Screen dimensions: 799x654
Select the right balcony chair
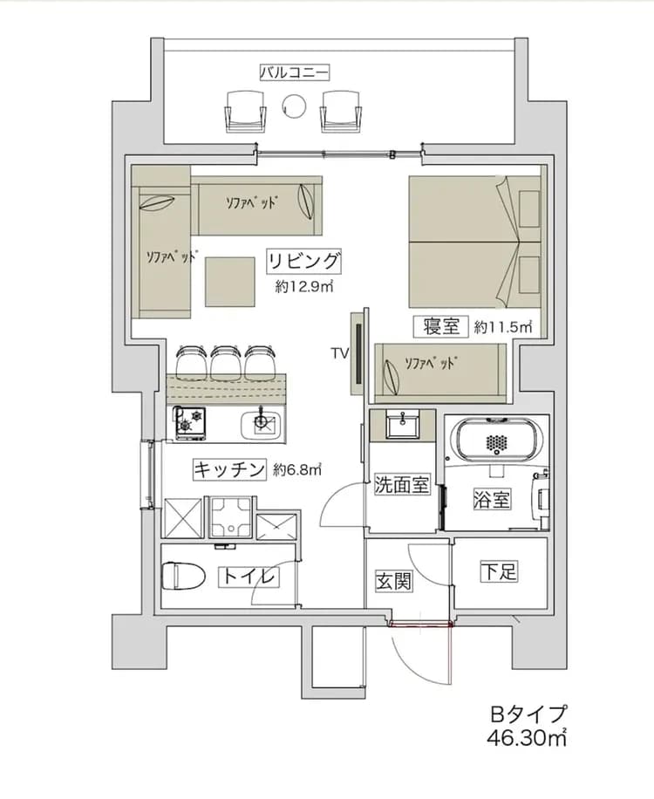pos(341,110)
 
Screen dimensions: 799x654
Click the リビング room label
pos(303,261)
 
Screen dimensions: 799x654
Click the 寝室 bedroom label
pos(441,327)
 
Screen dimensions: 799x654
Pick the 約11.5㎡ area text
pos(503,327)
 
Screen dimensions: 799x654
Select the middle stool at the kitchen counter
pos(226,359)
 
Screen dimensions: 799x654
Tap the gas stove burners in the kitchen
pos(190,422)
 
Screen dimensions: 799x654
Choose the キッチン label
pos(228,470)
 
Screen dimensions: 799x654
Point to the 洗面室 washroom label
pos(402,485)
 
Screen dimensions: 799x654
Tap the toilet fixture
pos(182,576)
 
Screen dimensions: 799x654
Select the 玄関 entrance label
pos(393,581)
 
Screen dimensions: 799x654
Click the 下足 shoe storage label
pos(500,572)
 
